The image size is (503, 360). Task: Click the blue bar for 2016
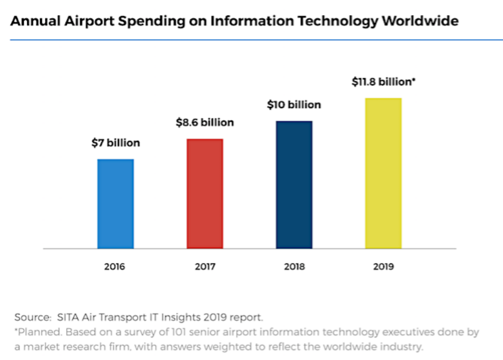pyautogui.click(x=116, y=203)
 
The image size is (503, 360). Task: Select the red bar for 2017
pyautogui.click(x=205, y=194)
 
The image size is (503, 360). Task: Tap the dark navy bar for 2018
pyautogui.click(x=294, y=185)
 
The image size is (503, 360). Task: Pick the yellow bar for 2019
pyautogui.click(x=383, y=173)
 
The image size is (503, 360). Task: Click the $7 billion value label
pyautogui.click(x=116, y=143)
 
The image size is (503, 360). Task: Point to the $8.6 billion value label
pyautogui.click(x=204, y=123)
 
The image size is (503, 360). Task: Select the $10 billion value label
pyautogui.click(x=294, y=105)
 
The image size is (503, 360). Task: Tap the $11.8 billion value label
pyautogui.click(x=383, y=82)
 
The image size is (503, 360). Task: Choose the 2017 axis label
pyautogui.click(x=205, y=267)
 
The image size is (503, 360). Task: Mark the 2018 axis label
pyautogui.click(x=295, y=267)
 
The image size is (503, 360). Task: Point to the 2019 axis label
pyautogui.click(x=384, y=267)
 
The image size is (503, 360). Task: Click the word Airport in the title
pyautogui.click(x=83, y=21)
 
